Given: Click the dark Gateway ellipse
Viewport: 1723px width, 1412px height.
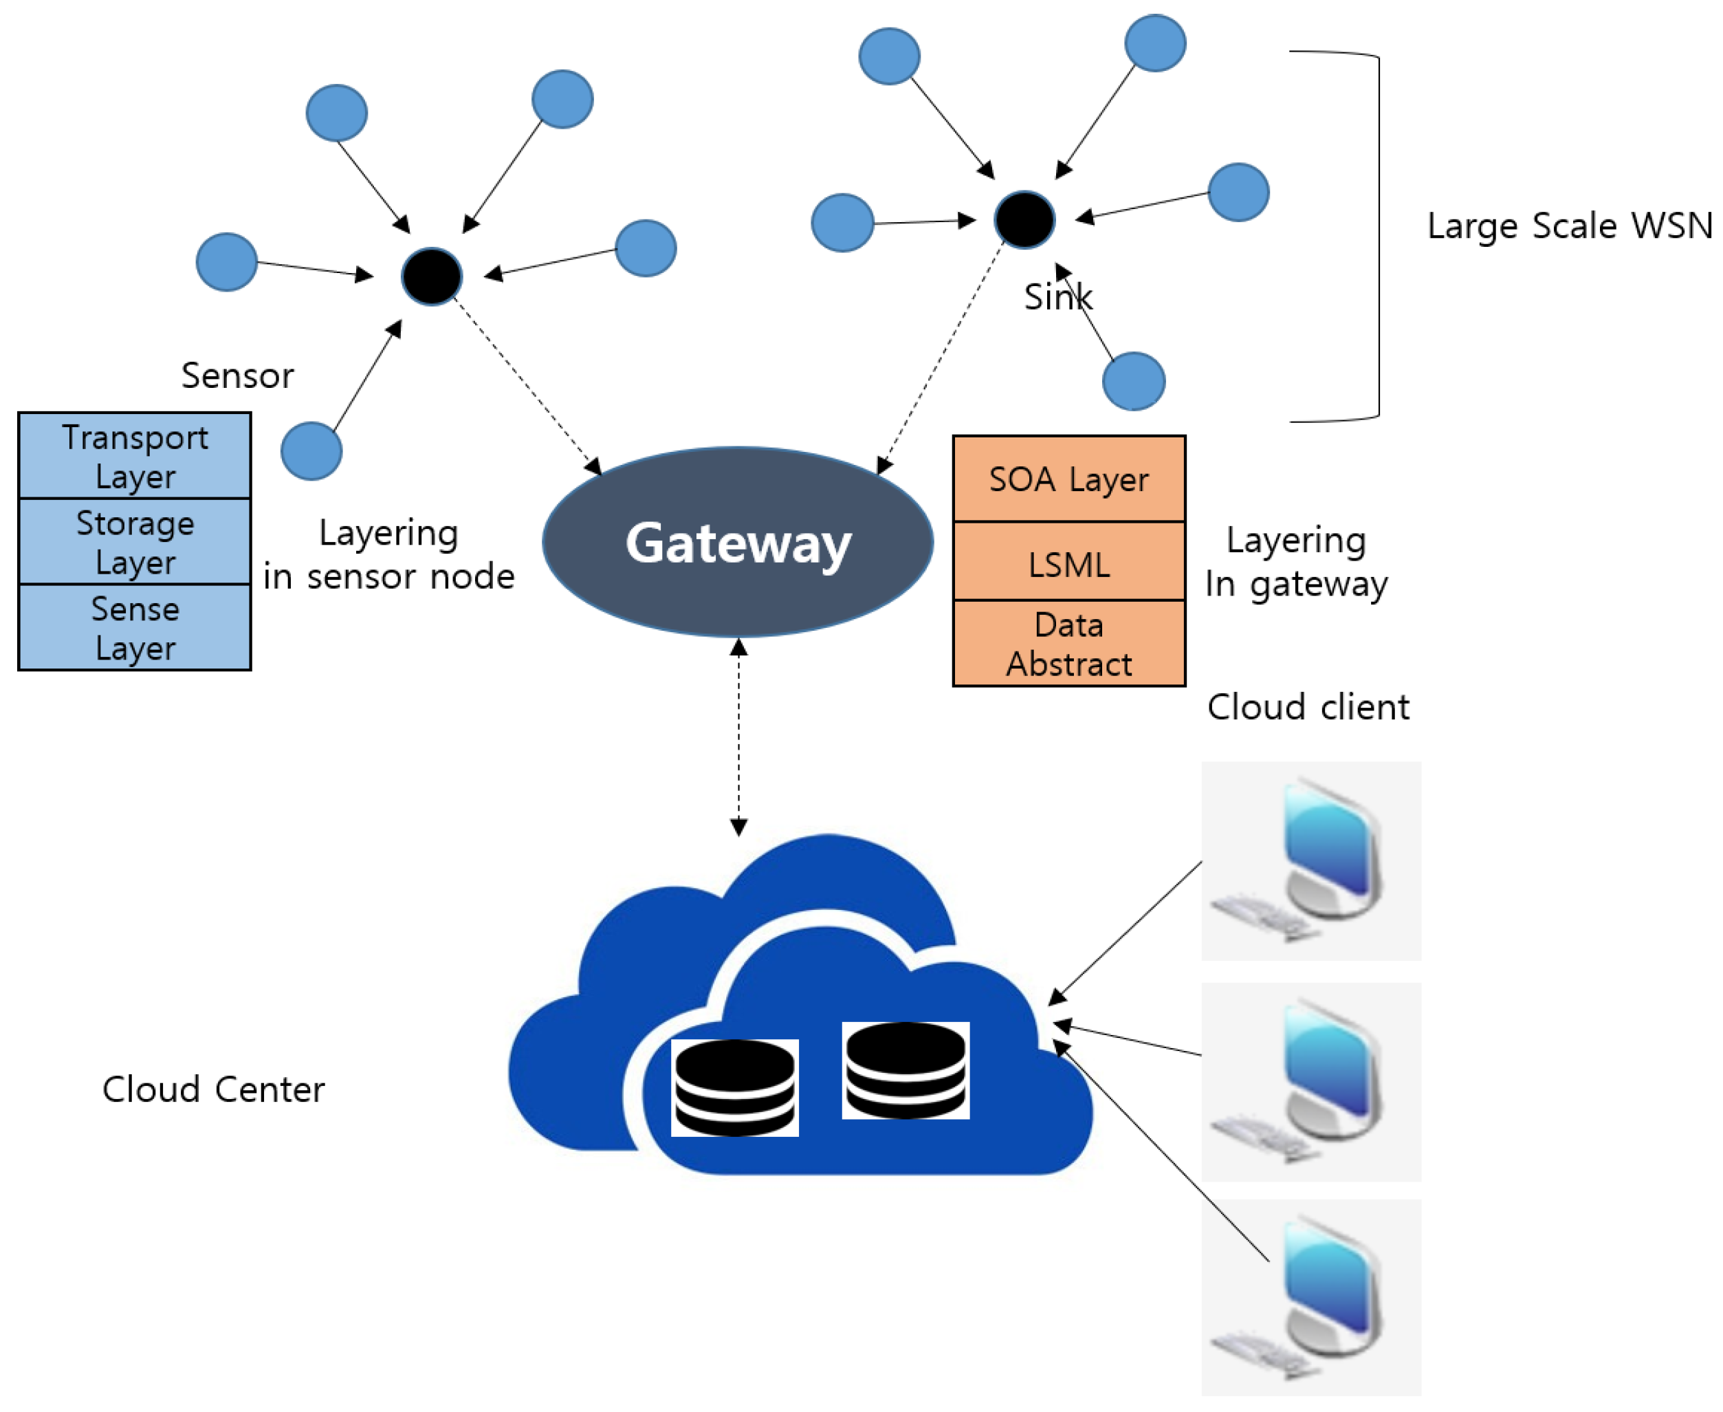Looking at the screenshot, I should click(x=738, y=542).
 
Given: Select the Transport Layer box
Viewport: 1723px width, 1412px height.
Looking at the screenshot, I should click(x=135, y=455).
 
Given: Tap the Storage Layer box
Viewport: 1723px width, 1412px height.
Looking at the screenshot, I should click(x=135, y=542).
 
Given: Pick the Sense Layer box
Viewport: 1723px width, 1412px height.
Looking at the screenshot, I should click(x=135, y=627).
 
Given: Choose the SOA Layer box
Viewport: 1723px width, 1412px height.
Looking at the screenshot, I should click(x=1068, y=479).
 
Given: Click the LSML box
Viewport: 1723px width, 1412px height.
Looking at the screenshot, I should click(x=1068, y=563).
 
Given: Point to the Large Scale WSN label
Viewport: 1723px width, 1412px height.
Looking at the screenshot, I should click(x=1569, y=226).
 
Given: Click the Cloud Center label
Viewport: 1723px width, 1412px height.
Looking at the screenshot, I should click(x=213, y=1089).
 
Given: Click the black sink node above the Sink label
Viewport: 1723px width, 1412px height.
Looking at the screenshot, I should click(x=1024, y=219).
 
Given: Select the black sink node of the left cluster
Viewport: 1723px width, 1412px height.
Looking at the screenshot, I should click(x=432, y=276).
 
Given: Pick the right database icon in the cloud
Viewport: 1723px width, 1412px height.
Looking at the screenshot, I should click(x=905, y=1069).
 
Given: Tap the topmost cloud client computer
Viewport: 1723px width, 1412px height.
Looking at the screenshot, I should click(x=1310, y=860).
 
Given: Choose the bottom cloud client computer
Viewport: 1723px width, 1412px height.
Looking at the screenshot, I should click(x=1310, y=1296).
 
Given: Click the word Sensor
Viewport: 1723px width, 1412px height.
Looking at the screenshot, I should click(x=237, y=375).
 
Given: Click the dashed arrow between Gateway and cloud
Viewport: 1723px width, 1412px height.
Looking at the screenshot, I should click(x=738, y=736).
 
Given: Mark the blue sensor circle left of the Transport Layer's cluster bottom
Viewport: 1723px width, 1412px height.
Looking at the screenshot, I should click(x=311, y=450).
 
